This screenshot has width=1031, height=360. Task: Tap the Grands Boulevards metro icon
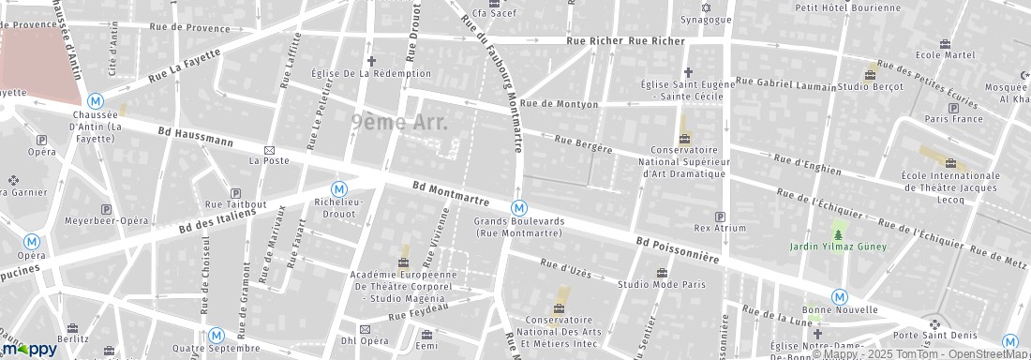point(518,207)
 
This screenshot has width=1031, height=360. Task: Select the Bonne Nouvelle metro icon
point(840,296)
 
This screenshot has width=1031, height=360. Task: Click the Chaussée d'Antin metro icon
point(95,101)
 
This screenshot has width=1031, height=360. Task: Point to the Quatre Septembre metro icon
point(217,334)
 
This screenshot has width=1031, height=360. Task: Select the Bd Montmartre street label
point(452,194)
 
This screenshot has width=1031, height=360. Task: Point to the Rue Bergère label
point(583,144)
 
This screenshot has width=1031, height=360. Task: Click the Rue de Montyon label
point(559,104)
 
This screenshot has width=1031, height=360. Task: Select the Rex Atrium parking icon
point(720,216)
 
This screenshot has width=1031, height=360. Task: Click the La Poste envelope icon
point(269,150)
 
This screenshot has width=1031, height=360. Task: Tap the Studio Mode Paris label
point(661,283)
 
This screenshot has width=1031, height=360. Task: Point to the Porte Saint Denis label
point(935,336)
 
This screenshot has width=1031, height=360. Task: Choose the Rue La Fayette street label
point(184,62)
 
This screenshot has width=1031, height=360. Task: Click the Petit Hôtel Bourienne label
point(847,7)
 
